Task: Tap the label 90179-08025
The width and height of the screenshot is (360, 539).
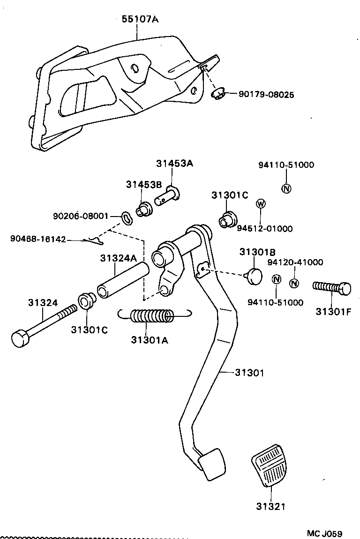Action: tap(266, 95)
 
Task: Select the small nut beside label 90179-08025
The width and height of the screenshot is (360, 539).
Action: tap(217, 94)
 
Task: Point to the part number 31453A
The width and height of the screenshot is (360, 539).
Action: tap(174, 164)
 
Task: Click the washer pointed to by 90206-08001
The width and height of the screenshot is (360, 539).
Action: tap(126, 217)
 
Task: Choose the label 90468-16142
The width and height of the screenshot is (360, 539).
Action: tap(38, 239)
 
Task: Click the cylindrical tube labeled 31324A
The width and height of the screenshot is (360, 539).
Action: tap(123, 281)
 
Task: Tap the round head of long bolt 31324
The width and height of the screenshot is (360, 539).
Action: tap(20, 338)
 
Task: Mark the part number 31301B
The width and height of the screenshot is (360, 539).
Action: tap(257, 252)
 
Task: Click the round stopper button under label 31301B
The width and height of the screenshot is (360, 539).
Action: tap(255, 276)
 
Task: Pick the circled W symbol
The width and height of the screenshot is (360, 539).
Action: tap(261, 203)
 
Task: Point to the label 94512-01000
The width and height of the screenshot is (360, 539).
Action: tap(264, 229)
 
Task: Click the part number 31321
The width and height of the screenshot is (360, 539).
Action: tap(271, 506)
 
